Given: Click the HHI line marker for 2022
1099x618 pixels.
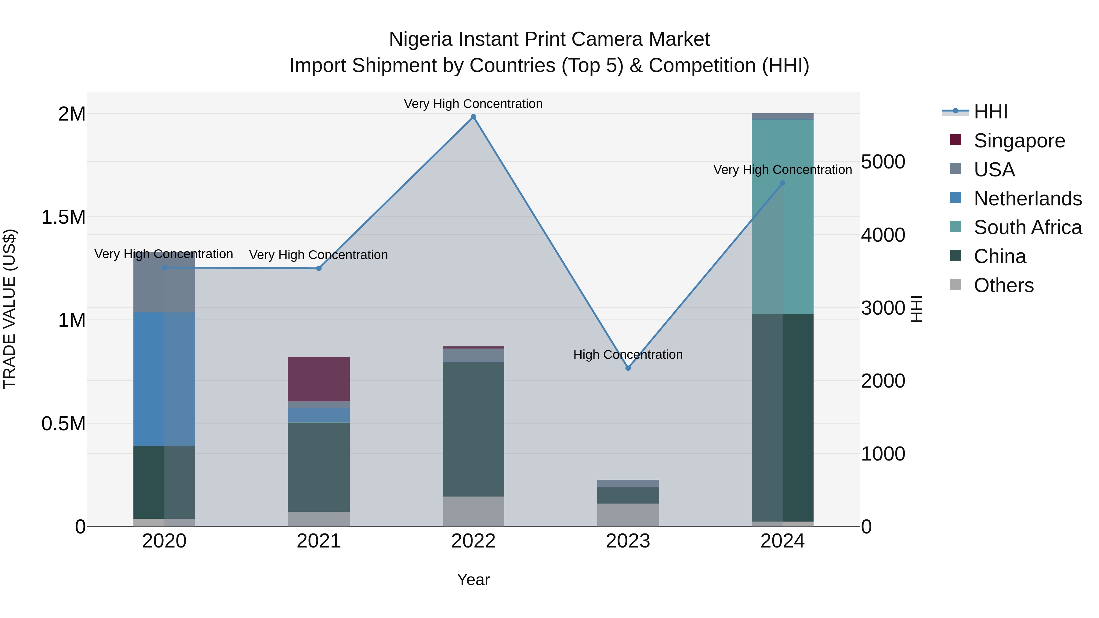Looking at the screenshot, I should pos(473,117).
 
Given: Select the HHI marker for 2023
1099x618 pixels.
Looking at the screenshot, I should pos(628,368).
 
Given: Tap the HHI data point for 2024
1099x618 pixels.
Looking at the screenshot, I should pos(782,183).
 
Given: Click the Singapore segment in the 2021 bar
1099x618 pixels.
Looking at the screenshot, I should pos(319,379).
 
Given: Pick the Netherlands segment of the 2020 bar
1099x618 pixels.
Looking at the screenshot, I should pos(164,379).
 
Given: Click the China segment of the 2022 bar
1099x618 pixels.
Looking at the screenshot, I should pos(473,429).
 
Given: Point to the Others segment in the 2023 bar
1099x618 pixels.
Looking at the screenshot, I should pos(628,515).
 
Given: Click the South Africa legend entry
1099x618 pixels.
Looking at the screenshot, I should pos(1027,227).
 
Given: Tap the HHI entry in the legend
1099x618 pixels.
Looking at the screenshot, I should pos(990,112).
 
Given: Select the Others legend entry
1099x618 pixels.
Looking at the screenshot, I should pos(1003,285).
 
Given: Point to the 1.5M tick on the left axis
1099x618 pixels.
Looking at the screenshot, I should pos(63,217).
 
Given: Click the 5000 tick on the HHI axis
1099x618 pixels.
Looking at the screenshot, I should pos(883,162).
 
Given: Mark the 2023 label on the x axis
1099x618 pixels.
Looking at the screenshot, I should pos(628,541).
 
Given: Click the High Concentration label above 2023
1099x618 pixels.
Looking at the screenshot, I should pos(628,354).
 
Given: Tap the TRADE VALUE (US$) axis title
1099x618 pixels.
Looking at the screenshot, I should pos(9,309).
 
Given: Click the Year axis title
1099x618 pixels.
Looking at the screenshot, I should pos(473,580).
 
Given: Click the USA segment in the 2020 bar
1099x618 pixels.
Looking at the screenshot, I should pos(164,282).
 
